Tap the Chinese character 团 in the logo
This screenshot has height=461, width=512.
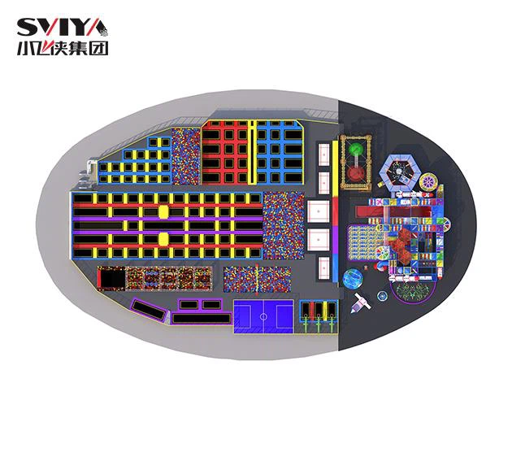(x=100, y=48)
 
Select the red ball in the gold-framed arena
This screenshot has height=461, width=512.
(x=355, y=173)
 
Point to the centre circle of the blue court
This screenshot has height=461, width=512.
(x=263, y=316)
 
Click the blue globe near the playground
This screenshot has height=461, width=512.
(x=353, y=278)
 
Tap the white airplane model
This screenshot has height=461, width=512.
(x=361, y=303)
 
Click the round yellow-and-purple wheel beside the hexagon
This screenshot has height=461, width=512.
(x=428, y=181)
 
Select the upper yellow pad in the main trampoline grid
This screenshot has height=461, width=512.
(x=163, y=211)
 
